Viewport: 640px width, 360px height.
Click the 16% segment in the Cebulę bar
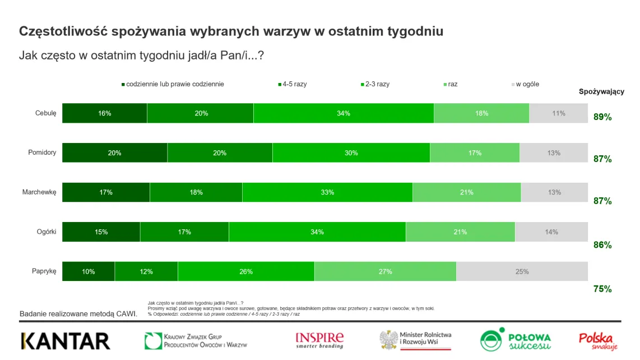click(104, 113)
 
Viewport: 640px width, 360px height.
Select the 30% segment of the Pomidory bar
click(351, 153)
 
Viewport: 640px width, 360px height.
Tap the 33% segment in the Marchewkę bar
click(327, 192)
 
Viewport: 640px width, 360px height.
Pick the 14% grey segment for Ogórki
click(551, 232)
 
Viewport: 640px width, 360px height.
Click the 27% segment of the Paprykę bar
click(385, 271)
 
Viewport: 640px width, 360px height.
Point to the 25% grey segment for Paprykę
click(522, 271)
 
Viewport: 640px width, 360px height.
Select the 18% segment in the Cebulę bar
click(481, 113)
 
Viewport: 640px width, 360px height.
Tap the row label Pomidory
click(42, 153)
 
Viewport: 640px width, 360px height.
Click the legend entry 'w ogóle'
click(527, 84)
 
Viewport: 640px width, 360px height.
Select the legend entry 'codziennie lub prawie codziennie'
click(175, 84)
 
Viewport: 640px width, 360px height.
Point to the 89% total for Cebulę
click(602, 117)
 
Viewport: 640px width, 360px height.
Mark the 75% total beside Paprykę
click(602, 289)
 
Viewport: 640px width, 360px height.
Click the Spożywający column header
click(601, 92)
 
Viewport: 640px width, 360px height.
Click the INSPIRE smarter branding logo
click(319, 340)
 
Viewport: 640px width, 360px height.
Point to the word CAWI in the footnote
click(126, 314)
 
